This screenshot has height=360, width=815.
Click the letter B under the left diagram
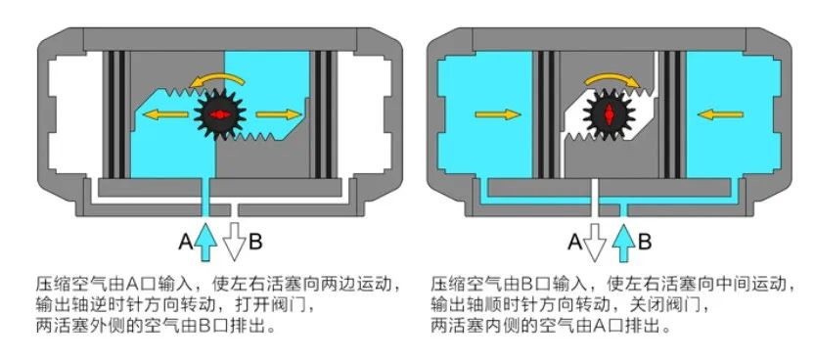[256, 239]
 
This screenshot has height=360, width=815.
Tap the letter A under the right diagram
[574, 239]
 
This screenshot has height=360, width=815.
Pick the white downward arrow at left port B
[233, 239]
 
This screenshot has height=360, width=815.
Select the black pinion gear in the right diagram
[610, 115]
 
